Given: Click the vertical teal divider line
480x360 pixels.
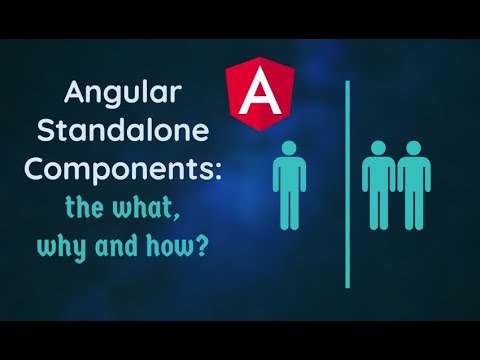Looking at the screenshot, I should [348, 180].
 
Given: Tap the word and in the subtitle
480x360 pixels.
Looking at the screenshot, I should [127, 246].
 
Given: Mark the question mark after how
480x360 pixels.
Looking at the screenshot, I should [202, 245].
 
